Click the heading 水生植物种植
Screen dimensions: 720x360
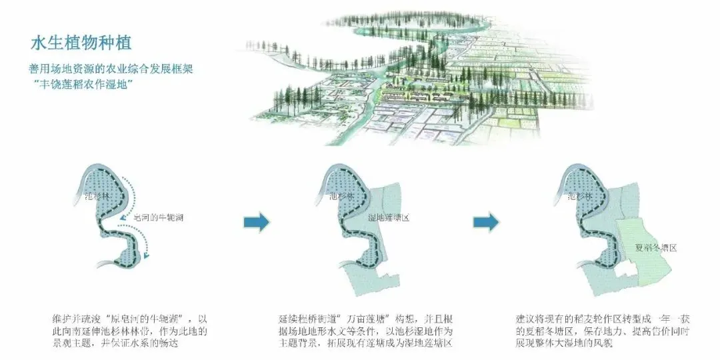(81, 43)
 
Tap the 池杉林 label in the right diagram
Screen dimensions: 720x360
(579, 197)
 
